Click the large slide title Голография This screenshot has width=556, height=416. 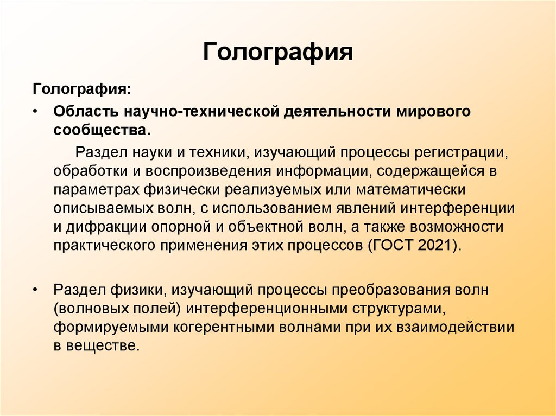click(278, 53)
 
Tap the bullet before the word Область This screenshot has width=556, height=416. click(35, 111)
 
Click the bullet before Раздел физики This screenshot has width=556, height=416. click(35, 290)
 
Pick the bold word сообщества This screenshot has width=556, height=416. click(100, 131)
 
